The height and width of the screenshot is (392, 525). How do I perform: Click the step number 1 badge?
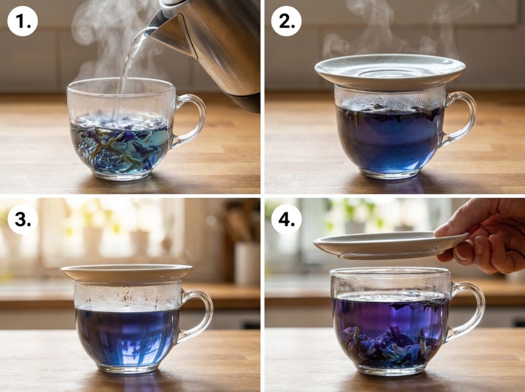tap(23, 21)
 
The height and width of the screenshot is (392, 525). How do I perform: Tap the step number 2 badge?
tap(286, 21)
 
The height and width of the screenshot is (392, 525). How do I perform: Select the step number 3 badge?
tap(23, 219)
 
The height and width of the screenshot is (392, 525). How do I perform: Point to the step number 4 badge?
tap(286, 219)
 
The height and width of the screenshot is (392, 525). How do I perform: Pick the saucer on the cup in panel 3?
tap(127, 272)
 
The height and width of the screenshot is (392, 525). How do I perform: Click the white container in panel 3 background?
tap(248, 262)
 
